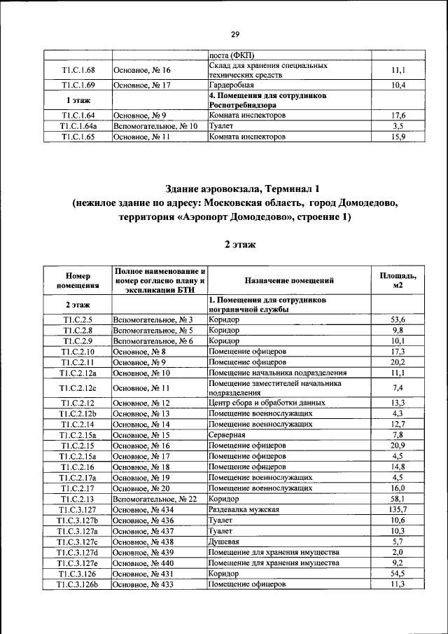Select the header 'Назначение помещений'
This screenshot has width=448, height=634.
point(289,280)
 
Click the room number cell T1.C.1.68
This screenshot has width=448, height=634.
point(77,71)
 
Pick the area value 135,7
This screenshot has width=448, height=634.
point(397,509)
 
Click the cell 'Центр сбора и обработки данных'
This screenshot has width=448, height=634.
point(267,403)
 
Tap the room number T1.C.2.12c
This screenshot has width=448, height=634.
point(77,388)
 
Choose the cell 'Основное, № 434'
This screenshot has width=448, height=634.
point(141,509)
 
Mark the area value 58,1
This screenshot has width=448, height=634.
point(397,499)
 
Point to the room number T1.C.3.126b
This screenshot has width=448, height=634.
point(77,584)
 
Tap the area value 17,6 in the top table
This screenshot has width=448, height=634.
point(398,115)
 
